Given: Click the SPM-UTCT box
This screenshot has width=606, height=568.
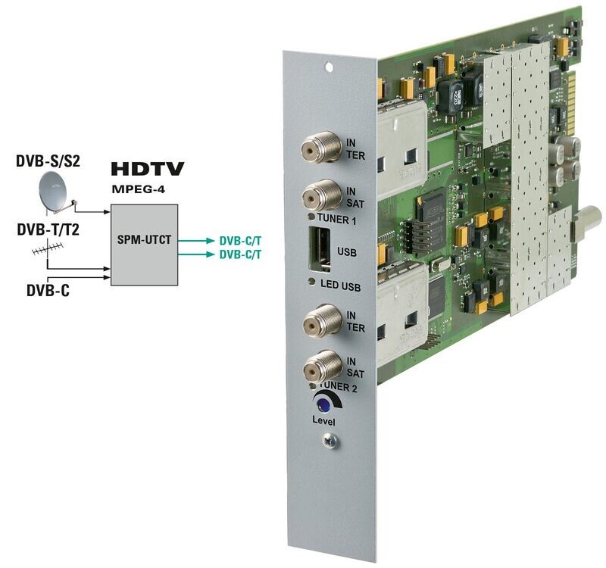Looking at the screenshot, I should (x=144, y=245).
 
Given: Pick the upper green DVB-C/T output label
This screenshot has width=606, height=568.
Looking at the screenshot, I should (x=240, y=240).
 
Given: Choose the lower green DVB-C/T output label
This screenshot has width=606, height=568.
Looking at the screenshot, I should (x=240, y=254).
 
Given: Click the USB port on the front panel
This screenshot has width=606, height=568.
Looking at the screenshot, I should (x=319, y=249).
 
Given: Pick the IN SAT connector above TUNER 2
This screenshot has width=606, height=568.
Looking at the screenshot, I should (x=319, y=370).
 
